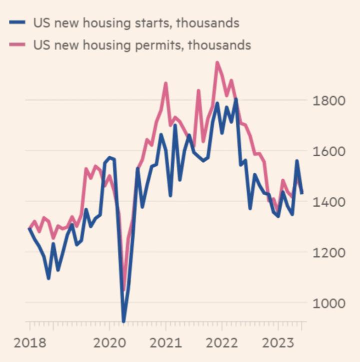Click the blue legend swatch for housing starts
(17, 23)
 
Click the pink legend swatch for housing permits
(17, 45)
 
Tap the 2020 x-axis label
(109, 343)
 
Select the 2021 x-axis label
(165, 343)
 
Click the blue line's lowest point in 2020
(123, 321)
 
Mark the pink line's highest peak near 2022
(217, 63)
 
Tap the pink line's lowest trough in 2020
(124, 289)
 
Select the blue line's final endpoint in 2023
(301, 193)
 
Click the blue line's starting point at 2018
(29, 228)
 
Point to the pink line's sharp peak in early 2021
(165, 84)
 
